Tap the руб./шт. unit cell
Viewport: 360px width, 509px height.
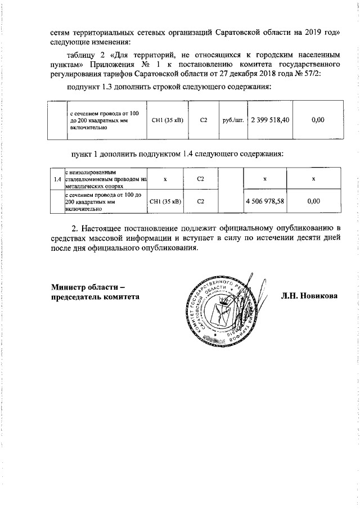(x=232, y=120)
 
